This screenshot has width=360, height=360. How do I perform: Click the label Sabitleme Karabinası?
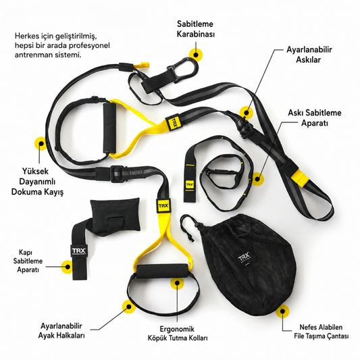pos(196,29)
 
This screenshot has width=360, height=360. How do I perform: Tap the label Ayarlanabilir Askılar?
pos(309,55)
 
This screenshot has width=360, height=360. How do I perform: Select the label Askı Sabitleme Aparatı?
pos(315,118)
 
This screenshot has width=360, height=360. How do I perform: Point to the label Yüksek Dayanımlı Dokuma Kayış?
pos(37,182)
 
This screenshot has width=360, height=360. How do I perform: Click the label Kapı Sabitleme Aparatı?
pos(28,261)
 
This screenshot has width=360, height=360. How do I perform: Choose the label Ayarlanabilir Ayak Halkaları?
pos(61,330)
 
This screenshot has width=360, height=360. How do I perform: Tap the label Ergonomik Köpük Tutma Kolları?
pos(178,334)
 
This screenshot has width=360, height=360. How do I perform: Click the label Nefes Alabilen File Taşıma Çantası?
pos(322,332)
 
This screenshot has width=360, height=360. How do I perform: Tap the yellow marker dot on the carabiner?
pos(196,55)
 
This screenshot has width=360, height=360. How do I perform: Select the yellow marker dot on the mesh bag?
pos(282,311)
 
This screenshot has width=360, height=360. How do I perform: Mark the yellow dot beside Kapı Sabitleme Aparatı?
pos(68,267)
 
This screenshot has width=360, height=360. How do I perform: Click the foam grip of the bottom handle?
pos(162,272)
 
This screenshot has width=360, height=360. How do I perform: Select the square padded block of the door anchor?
pos(115,215)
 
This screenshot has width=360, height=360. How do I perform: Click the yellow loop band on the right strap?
pos(299,177)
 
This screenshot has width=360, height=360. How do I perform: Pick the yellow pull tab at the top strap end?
pos(141,65)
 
